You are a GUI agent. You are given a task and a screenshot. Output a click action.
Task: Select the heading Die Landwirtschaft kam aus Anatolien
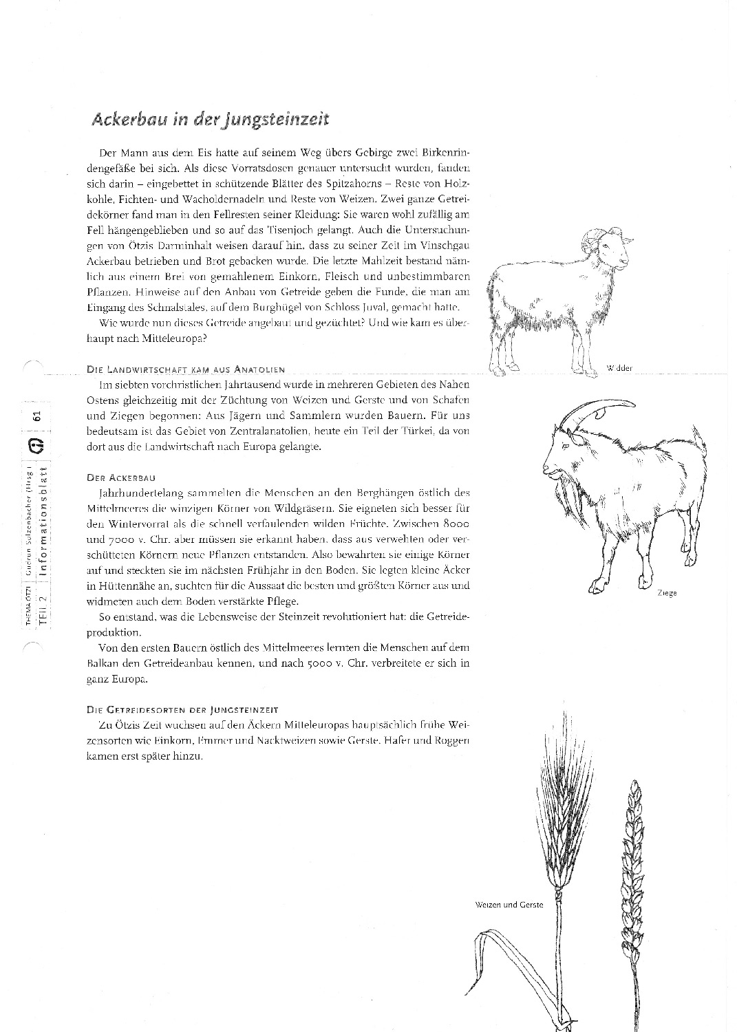(186, 369)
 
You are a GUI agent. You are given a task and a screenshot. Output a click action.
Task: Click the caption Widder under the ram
(619, 368)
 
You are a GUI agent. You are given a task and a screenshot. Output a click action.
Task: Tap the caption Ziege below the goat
(666, 592)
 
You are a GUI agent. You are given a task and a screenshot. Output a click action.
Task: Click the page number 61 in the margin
(38, 416)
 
